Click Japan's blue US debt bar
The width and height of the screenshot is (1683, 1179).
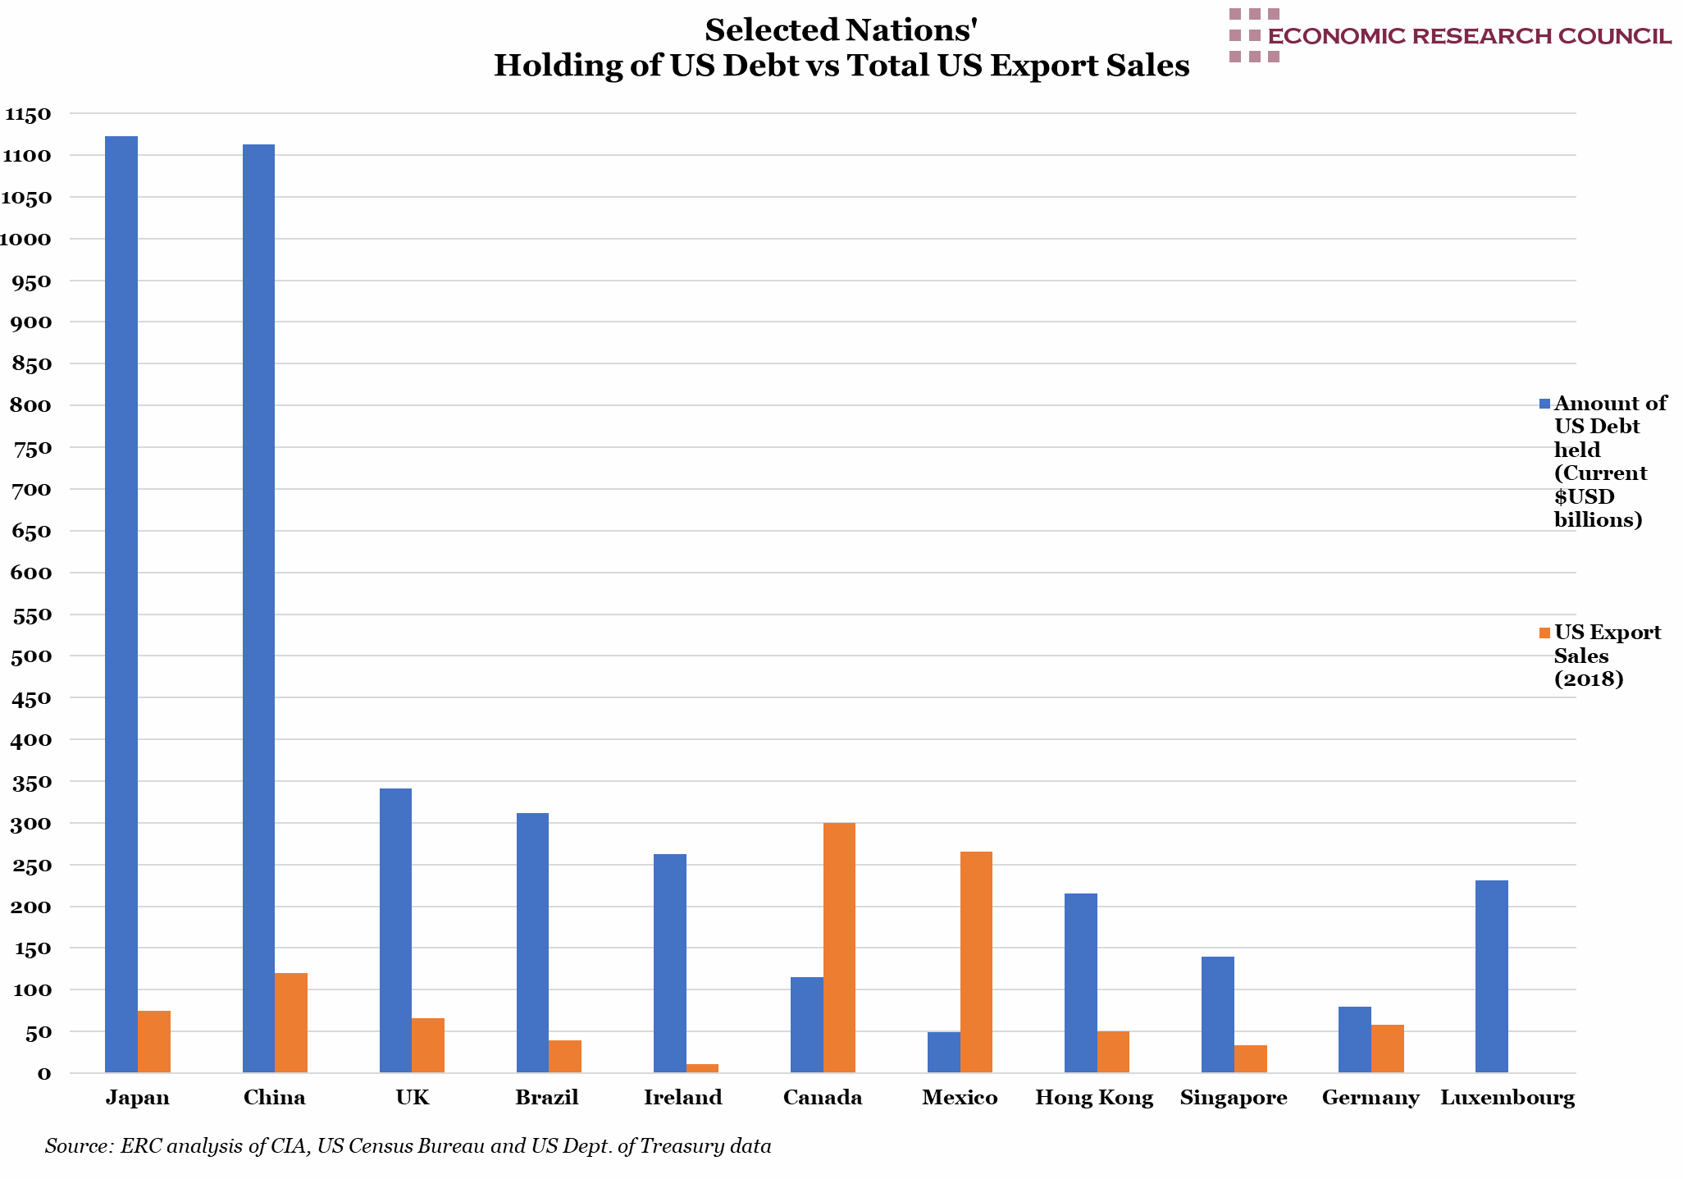pos(121,604)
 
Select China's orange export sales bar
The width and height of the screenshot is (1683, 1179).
pos(291,1022)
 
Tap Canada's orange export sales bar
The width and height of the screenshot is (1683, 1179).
pos(839,947)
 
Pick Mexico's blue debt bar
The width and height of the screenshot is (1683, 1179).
pos(943,1052)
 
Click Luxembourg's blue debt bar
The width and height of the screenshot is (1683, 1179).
pos(1491,976)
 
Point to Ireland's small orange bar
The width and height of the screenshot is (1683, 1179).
pos(702,1068)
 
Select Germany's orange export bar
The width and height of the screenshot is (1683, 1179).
pos(1387,1048)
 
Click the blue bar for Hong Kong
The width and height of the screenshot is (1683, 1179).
pos(1080,982)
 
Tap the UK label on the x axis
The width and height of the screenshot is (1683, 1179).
pos(412,1098)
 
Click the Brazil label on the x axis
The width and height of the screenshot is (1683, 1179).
pos(547,1098)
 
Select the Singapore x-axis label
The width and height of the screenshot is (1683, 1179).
pos(1234,1098)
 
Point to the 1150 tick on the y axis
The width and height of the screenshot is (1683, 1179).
pos(27,114)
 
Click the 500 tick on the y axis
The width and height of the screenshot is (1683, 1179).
pos(32,656)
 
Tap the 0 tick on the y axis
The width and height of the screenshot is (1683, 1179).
pos(43,1073)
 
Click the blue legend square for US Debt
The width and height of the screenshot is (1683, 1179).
pos(1544,404)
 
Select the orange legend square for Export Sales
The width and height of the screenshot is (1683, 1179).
pos(1544,633)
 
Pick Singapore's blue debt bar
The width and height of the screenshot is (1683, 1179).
pos(1217,1014)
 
